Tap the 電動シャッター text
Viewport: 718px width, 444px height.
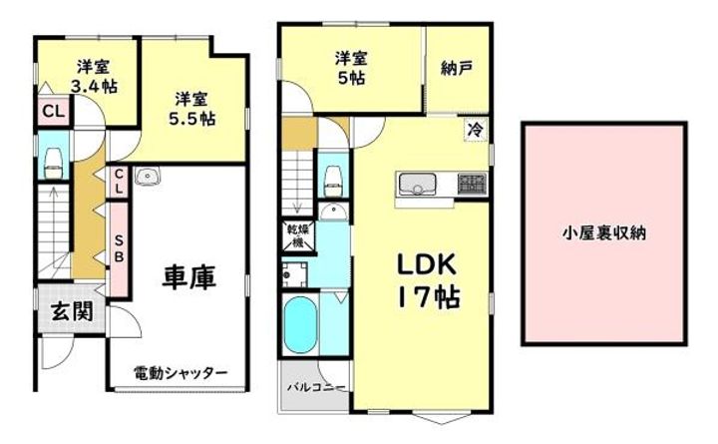[x=180, y=373]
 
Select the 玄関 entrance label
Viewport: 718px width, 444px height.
[x=73, y=312]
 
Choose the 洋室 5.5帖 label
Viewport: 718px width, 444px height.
[x=192, y=109]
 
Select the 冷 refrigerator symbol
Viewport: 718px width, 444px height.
[x=476, y=128]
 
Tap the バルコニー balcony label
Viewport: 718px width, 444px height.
[x=315, y=386]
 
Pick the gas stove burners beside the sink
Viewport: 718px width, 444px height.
[x=472, y=184]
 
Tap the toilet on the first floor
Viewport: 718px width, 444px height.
[x=52, y=161]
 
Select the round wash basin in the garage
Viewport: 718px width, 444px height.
[x=150, y=178]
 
